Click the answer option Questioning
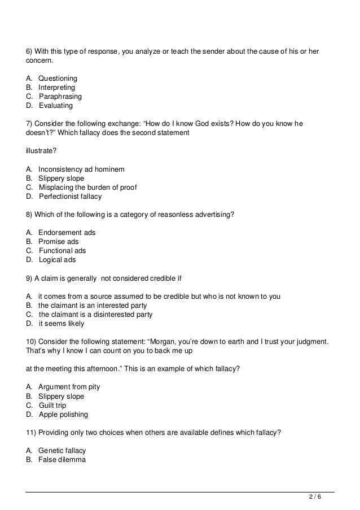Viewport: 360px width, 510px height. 58,79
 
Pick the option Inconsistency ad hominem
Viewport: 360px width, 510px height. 81,169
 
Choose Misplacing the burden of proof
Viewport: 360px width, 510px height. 87,188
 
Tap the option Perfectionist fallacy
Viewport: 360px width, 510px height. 71,197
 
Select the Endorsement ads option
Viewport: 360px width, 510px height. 67,233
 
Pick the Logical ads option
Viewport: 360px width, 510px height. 57,260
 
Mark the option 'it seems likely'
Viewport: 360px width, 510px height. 61,324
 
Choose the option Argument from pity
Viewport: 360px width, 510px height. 69,387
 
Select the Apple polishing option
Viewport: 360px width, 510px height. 63,415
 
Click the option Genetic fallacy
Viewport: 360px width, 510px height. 62,451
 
